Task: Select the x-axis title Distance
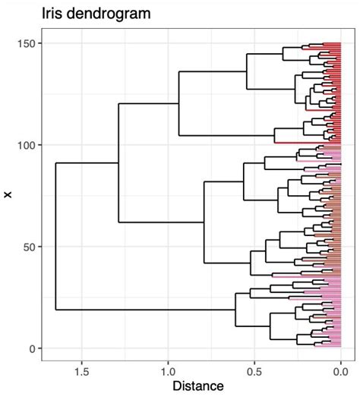(197, 386)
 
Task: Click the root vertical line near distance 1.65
(55, 235)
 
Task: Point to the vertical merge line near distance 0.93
(178, 103)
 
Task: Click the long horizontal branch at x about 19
(144, 310)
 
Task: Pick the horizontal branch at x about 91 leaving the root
(87, 163)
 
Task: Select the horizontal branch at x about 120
(148, 103)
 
